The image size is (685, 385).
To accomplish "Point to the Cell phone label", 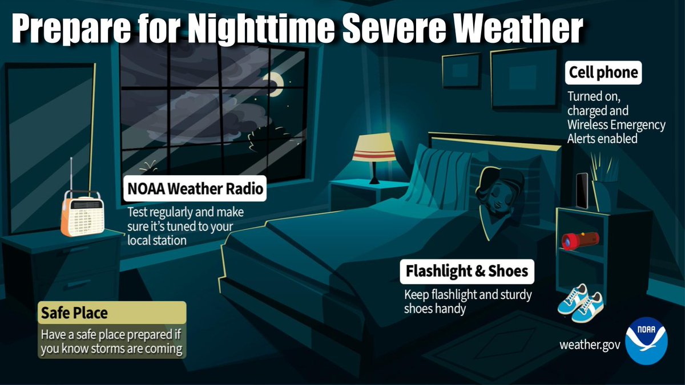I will point(603,73).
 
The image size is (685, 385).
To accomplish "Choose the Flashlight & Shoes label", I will point(467,271).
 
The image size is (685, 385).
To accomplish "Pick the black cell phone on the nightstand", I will point(582,191).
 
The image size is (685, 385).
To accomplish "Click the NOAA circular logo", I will point(650,341).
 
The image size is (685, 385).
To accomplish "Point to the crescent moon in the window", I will point(277,83).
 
